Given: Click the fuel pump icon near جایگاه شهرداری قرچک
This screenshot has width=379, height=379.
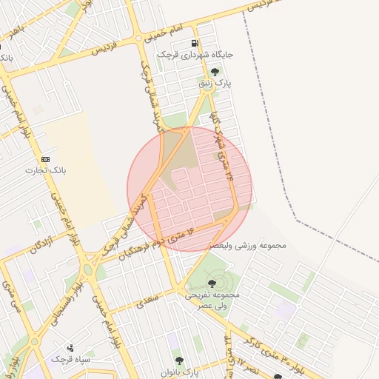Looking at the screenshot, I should click(195, 44).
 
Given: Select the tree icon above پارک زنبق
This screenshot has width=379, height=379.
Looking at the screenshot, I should click(215, 72).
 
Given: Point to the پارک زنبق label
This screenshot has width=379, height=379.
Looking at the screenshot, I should click(215, 84).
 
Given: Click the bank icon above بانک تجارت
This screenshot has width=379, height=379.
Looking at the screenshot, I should click(46, 158).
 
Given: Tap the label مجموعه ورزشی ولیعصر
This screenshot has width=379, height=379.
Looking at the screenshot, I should click(248, 244).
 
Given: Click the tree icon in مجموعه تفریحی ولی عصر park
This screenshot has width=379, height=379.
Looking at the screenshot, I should click(212, 283).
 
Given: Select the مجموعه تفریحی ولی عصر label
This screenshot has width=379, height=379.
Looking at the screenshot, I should click(212, 299).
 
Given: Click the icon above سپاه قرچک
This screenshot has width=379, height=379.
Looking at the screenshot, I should click(70, 347).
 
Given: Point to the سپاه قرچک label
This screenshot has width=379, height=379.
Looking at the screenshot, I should click(70, 359).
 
